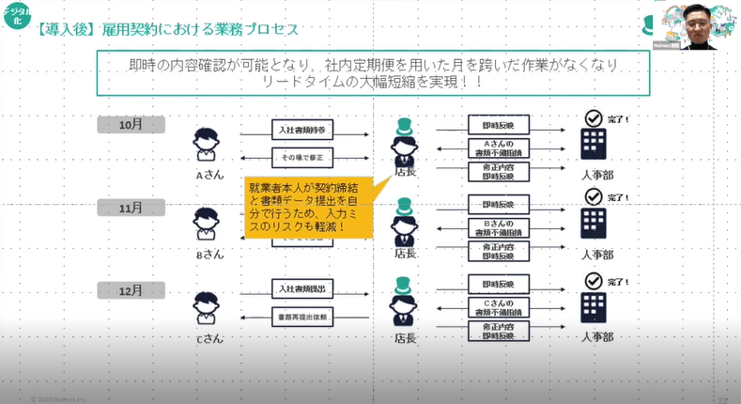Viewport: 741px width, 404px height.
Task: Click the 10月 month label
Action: coord(131,124)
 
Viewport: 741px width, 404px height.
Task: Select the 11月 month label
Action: coord(131,208)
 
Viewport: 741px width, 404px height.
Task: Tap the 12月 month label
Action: coord(131,290)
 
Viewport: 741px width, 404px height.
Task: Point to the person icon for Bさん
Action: coord(208,224)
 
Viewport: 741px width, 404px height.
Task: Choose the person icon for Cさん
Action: coord(208,307)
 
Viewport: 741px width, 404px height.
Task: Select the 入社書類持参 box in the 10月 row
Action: coord(303,129)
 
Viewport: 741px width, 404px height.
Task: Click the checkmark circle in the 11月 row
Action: coord(593,197)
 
